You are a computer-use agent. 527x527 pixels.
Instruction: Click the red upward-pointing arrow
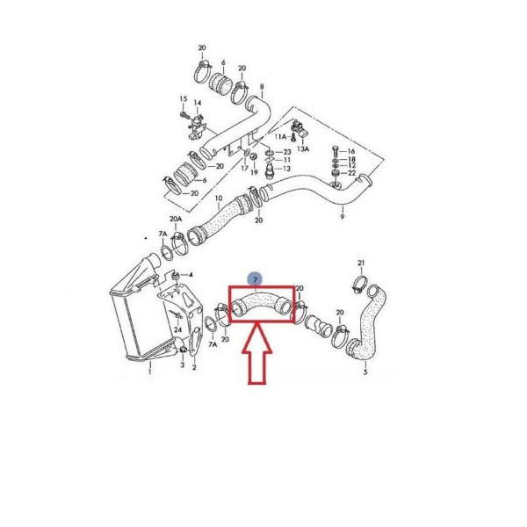[x=257, y=353]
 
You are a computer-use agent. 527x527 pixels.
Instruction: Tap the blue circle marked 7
[x=256, y=279]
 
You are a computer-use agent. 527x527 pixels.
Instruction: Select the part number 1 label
[x=150, y=372]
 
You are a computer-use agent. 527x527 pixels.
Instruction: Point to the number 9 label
[x=343, y=217]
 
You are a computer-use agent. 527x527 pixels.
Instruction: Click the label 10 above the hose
[x=219, y=199]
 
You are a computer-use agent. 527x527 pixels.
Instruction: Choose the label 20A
[x=176, y=219]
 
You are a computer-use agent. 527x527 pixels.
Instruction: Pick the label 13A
[x=303, y=148]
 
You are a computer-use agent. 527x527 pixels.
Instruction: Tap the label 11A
[x=281, y=136]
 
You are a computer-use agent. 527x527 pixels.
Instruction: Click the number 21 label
[x=361, y=263]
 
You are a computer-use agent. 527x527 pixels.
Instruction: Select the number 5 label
[x=365, y=372]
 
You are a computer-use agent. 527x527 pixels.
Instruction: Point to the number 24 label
[x=177, y=330]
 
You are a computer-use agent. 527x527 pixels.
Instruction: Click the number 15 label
[x=184, y=98]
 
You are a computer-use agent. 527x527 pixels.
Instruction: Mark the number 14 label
[x=198, y=103]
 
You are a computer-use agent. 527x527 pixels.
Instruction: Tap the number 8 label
[x=262, y=87]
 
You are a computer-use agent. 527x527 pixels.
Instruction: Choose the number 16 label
[x=350, y=151]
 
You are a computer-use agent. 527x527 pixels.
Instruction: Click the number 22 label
[x=351, y=173]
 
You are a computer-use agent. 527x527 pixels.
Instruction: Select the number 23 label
[x=286, y=152]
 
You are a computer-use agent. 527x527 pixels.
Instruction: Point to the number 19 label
[x=254, y=172]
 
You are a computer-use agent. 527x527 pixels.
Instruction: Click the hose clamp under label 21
[x=359, y=284]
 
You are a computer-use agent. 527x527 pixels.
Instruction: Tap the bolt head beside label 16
[x=335, y=150]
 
